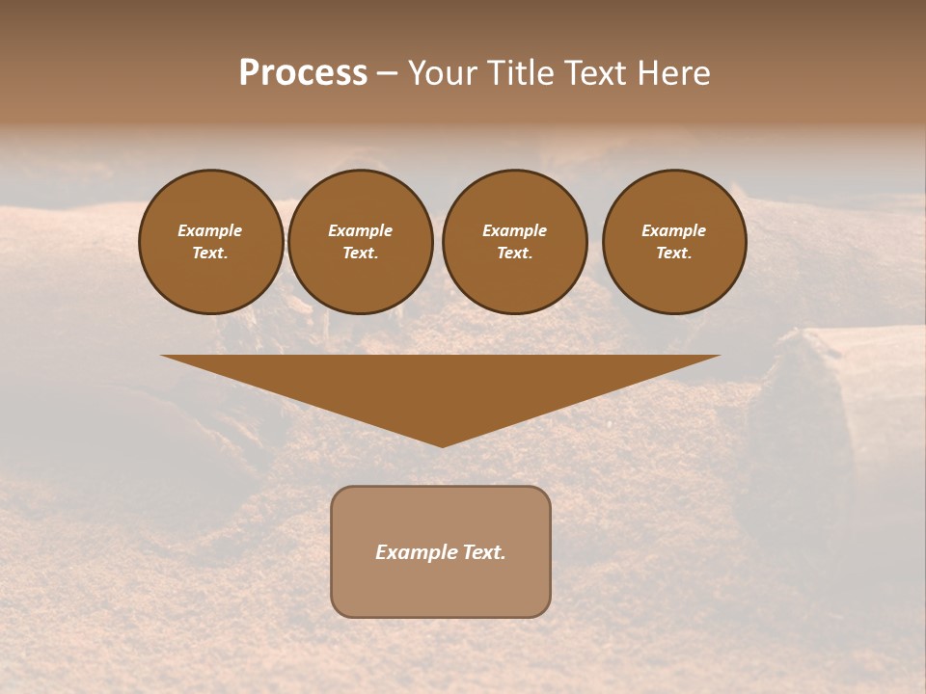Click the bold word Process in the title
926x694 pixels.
tap(303, 73)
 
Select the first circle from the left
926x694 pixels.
tap(210, 242)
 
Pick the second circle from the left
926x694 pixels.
tap(360, 242)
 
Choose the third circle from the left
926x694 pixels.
tap(514, 242)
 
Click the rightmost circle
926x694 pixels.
tap(674, 242)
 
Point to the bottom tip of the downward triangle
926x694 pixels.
tap(442, 446)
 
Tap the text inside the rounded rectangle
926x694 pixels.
tap(441, 552)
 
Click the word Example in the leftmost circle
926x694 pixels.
tap(210, 230)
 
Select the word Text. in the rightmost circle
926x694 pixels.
tap(674, 254)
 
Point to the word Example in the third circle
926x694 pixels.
tap(514, 230)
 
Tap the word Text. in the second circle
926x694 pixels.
tap(360, 254)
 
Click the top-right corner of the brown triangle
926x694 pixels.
tap(719, 357)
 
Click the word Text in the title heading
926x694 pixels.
tap(595, 73)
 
